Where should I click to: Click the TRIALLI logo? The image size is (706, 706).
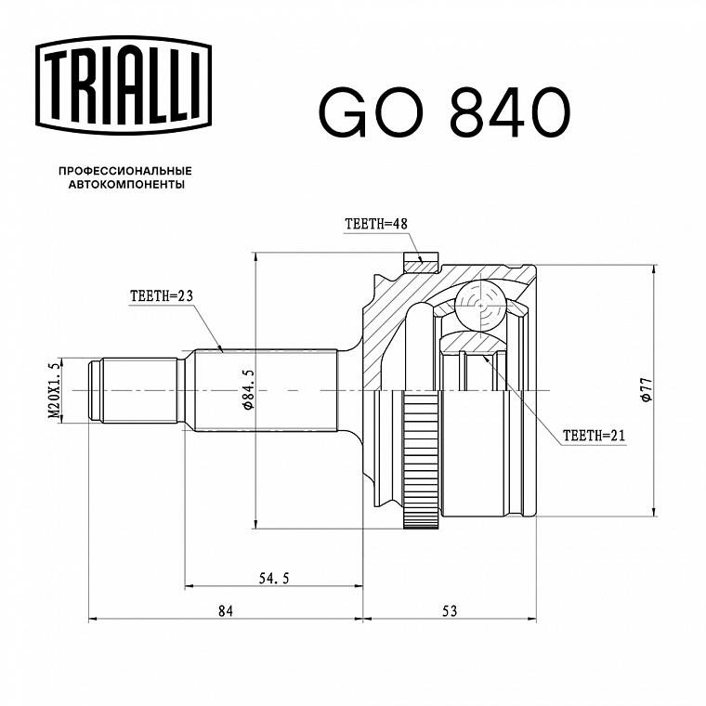124,85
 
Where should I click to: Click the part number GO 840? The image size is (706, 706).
445,112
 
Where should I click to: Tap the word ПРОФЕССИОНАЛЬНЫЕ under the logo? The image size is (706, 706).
125,171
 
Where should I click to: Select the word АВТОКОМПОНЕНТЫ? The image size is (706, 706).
126,185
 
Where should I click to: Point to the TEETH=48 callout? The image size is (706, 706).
376,224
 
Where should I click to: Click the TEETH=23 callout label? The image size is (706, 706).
162,295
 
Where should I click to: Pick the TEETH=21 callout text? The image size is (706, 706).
594,436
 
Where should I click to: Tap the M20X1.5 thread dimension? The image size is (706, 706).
55,390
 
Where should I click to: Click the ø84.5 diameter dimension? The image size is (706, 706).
248,389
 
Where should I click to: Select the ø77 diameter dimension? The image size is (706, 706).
647,389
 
